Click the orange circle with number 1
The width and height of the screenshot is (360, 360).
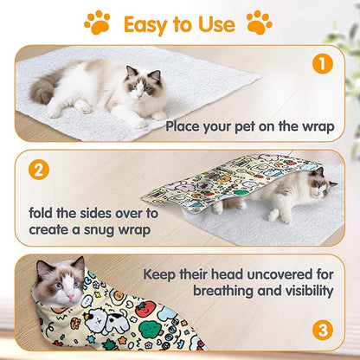pyautogui.click(x=322, y=64)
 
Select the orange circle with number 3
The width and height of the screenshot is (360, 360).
pyautogui.click(x=322, y=330)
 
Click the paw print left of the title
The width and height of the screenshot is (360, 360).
pyautogui.click(x=97, y=22)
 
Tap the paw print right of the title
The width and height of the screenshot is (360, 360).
pyautogui.click(x=259, y=22)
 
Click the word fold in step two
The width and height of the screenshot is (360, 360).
pyautogui.click(x=42, y=213)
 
